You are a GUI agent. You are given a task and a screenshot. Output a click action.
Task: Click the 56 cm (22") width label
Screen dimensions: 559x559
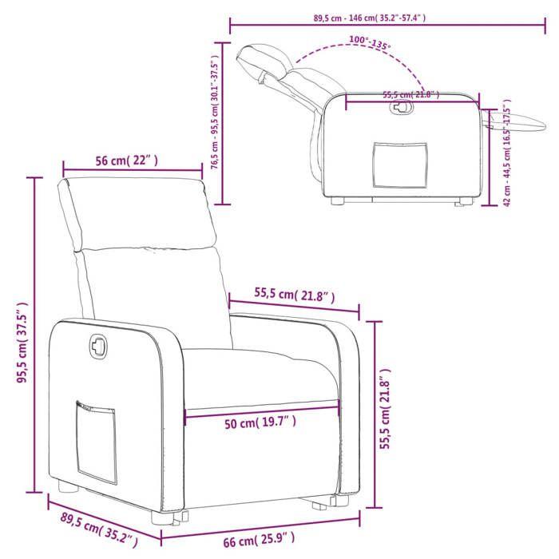click(127, 161)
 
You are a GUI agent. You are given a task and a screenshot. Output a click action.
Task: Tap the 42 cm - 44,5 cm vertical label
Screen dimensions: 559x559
click(508, 155)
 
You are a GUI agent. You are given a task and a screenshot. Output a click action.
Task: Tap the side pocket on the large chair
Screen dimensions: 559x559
click(95, 439)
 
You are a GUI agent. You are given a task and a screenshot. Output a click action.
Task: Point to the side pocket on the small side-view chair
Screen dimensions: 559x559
click(399, 165)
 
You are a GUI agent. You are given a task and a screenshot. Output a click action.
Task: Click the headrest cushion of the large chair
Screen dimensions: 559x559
click(137, 214)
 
